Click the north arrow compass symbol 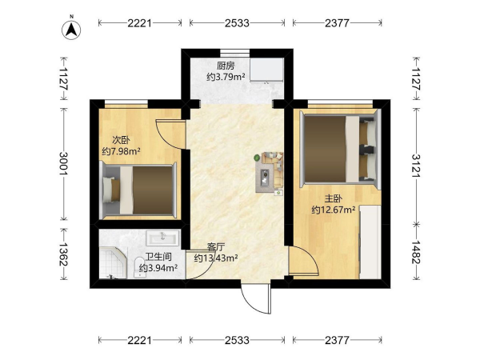(x=71, y=30)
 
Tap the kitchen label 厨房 (x=226, y=66)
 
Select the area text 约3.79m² (x=226, y=77)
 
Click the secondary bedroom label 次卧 (x=121, y=140)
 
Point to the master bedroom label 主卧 (x=333, y=199)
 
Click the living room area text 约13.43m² (x=216, y=258)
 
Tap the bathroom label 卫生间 (x=158, y=257)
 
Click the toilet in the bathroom (x=140, y=267)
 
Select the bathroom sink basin (x=162, y=238)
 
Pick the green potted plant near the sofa (x=257, y=158)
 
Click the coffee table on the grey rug (x=265, y=177)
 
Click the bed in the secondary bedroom (x=139, y=190)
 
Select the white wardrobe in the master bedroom (x=370, y=242)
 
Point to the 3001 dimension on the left (x=64, y=163)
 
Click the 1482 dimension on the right (x=416, y=252)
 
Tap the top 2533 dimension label (x=237, y=23)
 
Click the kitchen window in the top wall (x=235, y=54)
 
